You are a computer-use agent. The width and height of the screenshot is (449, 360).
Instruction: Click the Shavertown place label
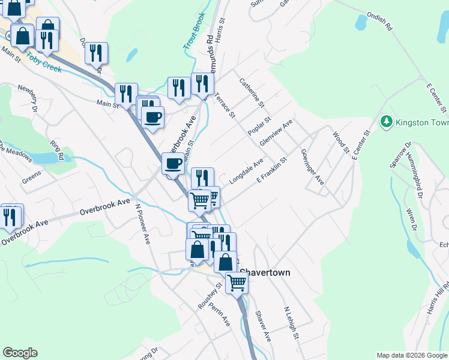(x=265, y=272)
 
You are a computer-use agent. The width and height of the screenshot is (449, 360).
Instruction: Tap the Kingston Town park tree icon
(x=386, y=122)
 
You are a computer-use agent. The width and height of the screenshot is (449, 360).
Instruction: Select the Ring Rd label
(x=57, y=150)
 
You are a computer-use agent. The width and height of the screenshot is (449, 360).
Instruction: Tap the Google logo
(x=20, y=353)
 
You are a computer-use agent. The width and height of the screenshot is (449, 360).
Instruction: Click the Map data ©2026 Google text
(x=411, y=355)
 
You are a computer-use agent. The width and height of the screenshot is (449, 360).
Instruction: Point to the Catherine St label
(x=252, y=92)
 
